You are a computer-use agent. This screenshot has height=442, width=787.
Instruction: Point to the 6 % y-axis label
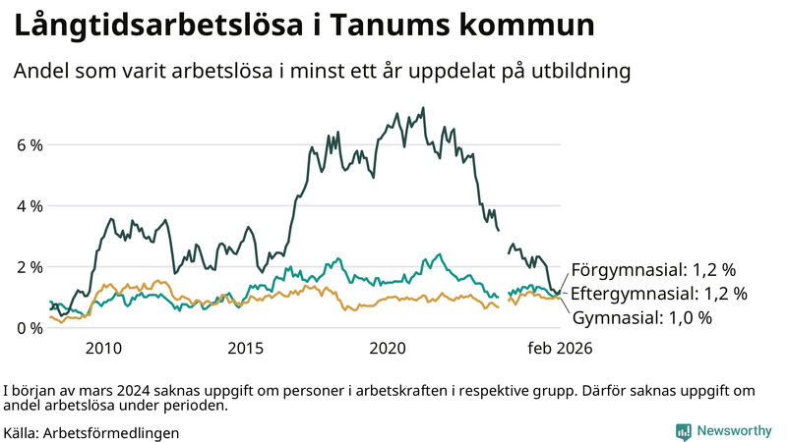pyautogui.click(x=30, y=145)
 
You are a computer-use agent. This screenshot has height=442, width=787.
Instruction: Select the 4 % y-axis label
pyautogui.click(x=30, y=206)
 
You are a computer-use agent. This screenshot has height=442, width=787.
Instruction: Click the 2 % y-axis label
pyautogui.click(x=30, y=267)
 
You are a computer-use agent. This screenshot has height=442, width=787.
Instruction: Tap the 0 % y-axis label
pyautogui.click(x=30, y=328)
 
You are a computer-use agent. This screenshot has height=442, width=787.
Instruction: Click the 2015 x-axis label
pyautogui.click(x=245, y=348)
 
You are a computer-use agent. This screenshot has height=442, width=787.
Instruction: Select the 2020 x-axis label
pyautogui.click(x=388, y=348)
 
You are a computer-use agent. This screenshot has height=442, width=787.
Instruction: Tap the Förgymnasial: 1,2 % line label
pyautogui.click(x=653, y=269)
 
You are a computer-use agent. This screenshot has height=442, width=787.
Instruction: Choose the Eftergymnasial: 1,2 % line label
pyautogui.click(x=659, y=293)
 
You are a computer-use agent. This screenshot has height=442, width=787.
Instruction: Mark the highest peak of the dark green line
pyautogui.click(x=423, y=108)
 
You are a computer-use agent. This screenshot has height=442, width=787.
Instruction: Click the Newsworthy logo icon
pyautogui.click(x=683, y=431)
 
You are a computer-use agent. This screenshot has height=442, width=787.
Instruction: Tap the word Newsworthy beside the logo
pyautogui.click(x=734, y=431)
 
